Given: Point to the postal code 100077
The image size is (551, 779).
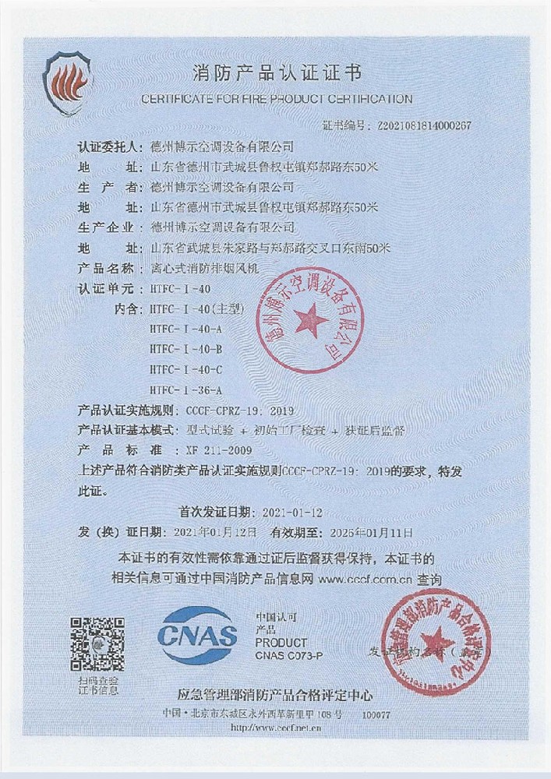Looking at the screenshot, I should click(x=376, y=714).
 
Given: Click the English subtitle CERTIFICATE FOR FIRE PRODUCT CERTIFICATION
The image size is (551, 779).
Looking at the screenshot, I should click(x=276, y=99).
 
